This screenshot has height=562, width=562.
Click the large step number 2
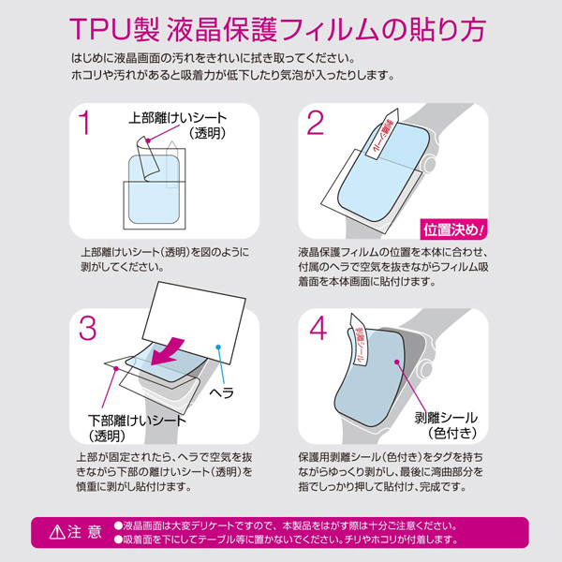point(316,124)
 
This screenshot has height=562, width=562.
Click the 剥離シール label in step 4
point(446,418)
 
